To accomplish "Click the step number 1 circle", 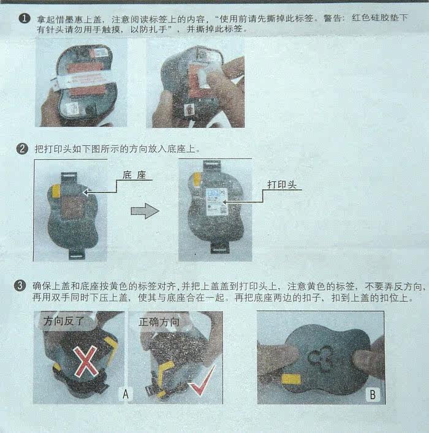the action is click(x=24, y=19).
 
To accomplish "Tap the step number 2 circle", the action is click(x=22, y=149).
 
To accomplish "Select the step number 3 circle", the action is click(x=20, y=285).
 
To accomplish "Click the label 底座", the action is click(x=134, y=175).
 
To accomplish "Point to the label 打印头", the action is click(x=282, y=184).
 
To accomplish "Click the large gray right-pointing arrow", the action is click(x=145, y=211).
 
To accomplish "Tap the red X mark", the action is click(x=86, y=362).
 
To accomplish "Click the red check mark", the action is click(x=202, y=380).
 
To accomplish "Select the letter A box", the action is click(x=126, y=394).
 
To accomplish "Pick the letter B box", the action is click(x=373, y=394).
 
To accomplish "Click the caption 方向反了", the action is click(x=64, y=321).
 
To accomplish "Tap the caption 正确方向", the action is click(x=159, y=322).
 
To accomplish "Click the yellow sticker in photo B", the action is click(x=290, y=379).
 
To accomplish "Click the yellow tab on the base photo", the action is click(x=56, y=191).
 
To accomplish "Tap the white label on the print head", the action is click(x=217, y=202).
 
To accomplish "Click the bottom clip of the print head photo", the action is click(x=220, y=247).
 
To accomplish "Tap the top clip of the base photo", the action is click(x=69, y=179).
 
